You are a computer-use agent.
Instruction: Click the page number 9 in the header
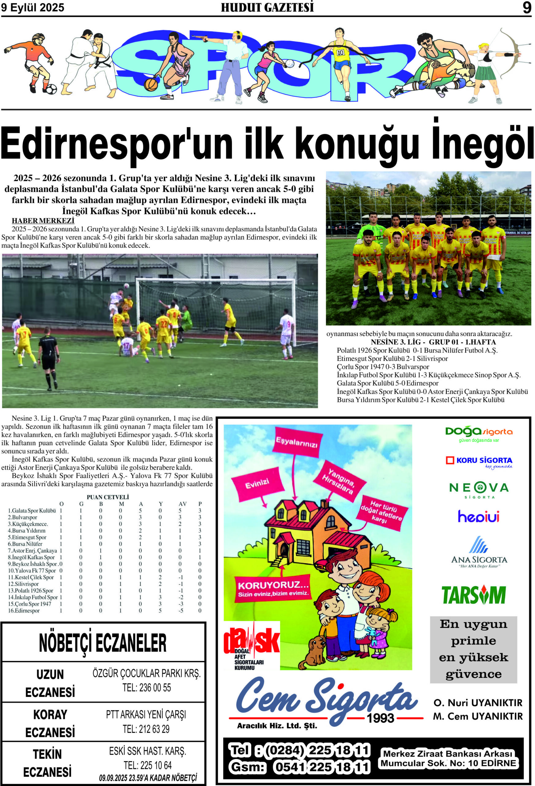coord(526,7)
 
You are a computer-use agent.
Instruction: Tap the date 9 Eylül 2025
coord(33,8)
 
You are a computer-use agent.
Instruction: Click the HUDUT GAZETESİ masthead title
coord(267,8)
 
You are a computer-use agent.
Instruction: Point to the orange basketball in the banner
coord(151,84)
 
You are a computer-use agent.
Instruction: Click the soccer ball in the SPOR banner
coord(51,89)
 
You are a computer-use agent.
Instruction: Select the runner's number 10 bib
coord(340,53)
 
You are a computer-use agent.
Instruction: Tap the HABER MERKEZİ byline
coord(43,220)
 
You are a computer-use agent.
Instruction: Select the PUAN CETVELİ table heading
coord(107,497)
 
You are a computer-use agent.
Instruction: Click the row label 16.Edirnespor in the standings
coord(24,610)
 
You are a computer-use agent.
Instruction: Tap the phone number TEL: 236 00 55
coord(147,687)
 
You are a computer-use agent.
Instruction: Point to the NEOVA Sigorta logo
coord(479,490)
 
